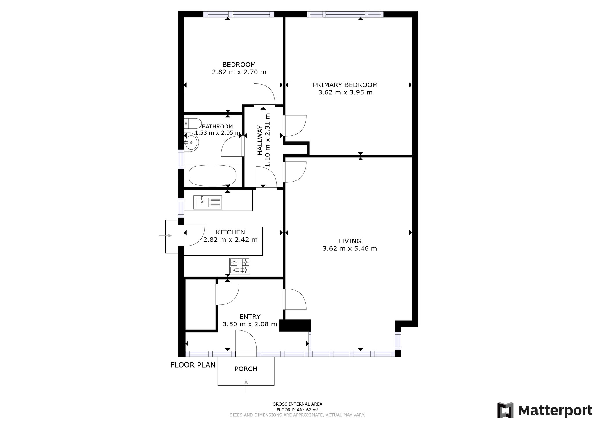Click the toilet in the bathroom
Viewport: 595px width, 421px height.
point(193,123)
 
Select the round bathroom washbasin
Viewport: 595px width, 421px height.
point(191,142)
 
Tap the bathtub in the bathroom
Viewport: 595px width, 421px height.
point(212,175)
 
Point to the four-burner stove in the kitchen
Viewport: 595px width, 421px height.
point(240,266)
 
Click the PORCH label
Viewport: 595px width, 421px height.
point(246,369)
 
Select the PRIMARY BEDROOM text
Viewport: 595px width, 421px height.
point(345,85)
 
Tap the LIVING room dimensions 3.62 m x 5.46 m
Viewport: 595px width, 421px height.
point(350,248)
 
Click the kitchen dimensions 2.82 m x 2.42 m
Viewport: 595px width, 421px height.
point(230,240)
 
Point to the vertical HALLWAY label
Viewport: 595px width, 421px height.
point(260,140)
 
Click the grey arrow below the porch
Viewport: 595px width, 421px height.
point(246,386)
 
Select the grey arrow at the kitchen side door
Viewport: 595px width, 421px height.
point(166,236)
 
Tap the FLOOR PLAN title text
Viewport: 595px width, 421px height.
point(193,365)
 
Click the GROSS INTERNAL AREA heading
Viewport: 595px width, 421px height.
point(297,404)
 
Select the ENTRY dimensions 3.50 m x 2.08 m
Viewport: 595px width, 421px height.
point(250,324)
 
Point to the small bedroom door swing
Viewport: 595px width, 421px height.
point(264,94)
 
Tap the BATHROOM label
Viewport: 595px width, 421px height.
point(217,126)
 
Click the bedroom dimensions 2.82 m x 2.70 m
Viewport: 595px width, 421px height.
point(239,72)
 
